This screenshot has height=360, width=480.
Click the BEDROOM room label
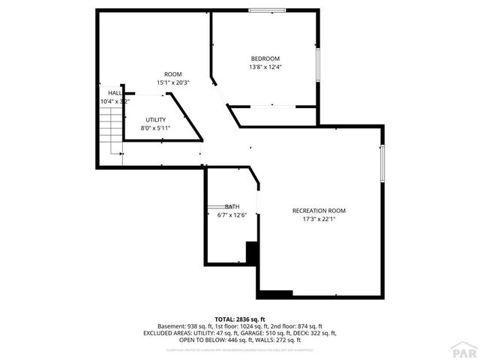pos(265,59)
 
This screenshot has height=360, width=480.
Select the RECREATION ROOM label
pos(319,211)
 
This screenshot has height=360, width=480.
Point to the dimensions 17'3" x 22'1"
pos(319,220)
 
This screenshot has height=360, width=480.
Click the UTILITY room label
pos(156,120)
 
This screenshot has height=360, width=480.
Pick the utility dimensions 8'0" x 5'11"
pos(156,128)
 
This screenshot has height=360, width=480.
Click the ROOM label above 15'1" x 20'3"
pos(173,73)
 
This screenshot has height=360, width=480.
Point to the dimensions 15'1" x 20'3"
pos(173,82)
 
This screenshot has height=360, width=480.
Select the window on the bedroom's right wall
pos(318,64)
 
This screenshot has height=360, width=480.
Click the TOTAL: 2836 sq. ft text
pos(240,319)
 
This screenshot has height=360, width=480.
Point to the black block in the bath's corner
pos(252,253)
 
